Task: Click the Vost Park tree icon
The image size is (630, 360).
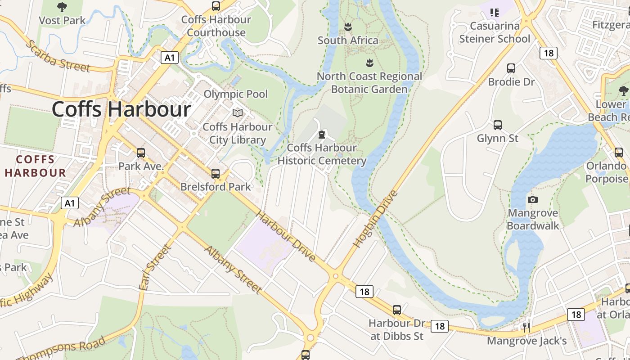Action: point(62,7)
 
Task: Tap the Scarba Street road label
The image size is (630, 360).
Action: point(58,56)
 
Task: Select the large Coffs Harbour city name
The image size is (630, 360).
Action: point(121,109)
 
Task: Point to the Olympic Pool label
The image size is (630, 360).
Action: point(235,94)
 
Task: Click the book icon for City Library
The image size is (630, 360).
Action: point(237,113)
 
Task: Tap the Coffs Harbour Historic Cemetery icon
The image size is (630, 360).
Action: point(322,134)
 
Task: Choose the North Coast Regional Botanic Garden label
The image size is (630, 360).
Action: point(369,82)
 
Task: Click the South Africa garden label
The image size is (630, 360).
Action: point(348,40)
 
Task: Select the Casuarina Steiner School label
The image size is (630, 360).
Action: point(495,32)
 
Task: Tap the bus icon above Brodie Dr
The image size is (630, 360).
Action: point(511,68)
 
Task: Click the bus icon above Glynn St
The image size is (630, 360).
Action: point(498,125)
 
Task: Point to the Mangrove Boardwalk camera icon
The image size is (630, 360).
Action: point(533,199)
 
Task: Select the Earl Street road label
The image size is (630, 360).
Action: point(155,268)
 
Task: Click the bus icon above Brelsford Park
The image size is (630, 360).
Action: point(216,173)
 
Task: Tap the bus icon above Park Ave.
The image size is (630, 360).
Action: point(141,153)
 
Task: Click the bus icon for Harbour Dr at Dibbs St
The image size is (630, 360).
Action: point(396,310)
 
